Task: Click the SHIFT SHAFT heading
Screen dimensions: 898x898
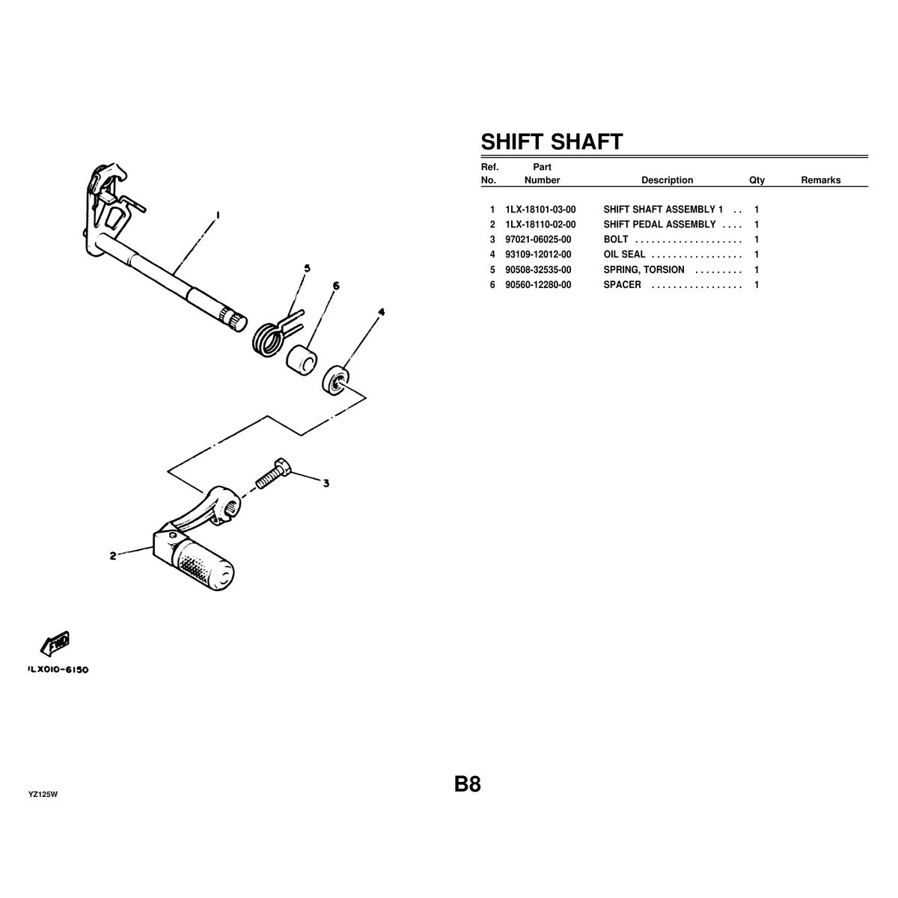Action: point(551,142)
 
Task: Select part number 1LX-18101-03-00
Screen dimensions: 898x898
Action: point(540,210)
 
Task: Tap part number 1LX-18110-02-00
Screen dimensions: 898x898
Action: point(540,224)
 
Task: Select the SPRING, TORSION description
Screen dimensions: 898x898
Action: point(644,269)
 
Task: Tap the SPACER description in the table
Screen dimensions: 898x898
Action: point(622,285)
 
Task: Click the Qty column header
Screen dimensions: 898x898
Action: point(757,180)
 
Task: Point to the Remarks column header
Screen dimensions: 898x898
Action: point(820,180)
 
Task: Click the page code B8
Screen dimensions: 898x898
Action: point(467,784)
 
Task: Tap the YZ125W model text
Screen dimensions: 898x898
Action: point(43,795)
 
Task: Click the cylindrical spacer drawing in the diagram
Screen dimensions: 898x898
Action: point(300,360)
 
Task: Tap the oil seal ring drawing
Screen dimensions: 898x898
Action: point(337,380)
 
